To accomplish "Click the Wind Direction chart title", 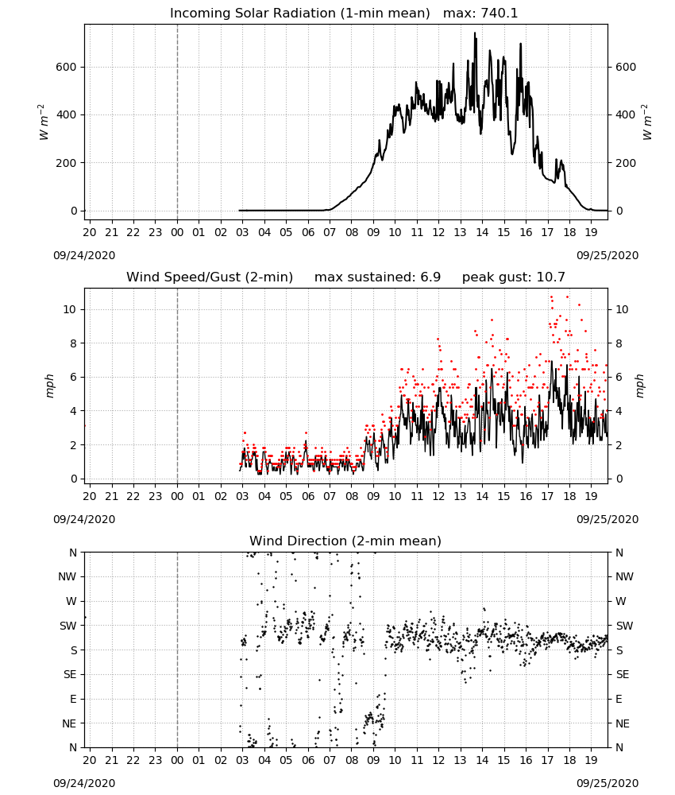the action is pyautogui.click(x=345, y=541).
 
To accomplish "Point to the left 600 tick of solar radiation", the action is pyautogui.click(x=67, y=67).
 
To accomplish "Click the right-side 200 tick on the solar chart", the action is pyautogui.click(x=626, y=163).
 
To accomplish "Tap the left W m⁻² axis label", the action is pyautogui.click(x=44, y=122).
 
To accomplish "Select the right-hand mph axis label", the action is pyautogui.click(x=639, y=386).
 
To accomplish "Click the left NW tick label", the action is pyautogui.click(x=67, y=577).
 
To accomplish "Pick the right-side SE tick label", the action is pyautogui.click(x=623, y=674).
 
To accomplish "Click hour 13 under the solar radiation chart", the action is pyautogui.click(x=461, y=232).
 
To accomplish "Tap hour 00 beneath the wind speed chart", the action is pyautogui.click(x=177, y=496).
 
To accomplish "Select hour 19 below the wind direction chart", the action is pyautogui.click(x=591, y=760).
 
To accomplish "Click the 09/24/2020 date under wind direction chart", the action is pyautogui.click(x=84, y=783).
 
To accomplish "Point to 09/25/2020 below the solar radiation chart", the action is pyautogui.click(x=607, y=255).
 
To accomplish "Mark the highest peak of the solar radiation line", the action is pyautogui.click(x=475, y=33).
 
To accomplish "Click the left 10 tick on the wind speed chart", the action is pyautogui.click(x=70, y=309).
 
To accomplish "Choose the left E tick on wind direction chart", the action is pyautogui.click(x=73, y=699).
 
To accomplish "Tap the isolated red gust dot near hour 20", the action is pyautogui.click(x=85, y=426).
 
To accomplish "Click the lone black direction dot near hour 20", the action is pyautogui.click(x=85, y=617).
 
